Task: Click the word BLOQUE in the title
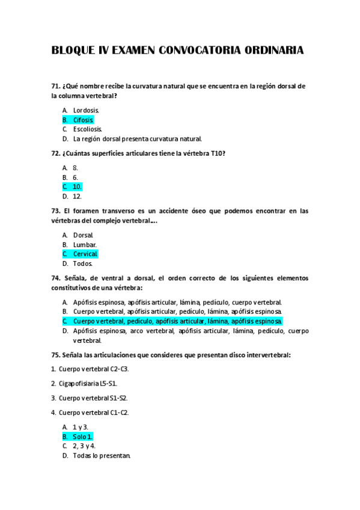coord(73,51)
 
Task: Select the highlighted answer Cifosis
coord(84,120)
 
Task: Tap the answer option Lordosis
coord(86,111)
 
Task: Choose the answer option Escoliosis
coord(88,129)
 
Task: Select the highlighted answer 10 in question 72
coord(77,186)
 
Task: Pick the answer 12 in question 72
coord(77,196)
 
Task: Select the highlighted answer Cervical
coord(85,254)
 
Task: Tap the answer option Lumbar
coord(85,245)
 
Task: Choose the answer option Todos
coord(83,263)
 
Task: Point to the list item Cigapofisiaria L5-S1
coord(88,383)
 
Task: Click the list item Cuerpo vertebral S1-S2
coord(93,398)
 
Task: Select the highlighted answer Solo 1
coord(83,437)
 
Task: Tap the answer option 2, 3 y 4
coord(84,446)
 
